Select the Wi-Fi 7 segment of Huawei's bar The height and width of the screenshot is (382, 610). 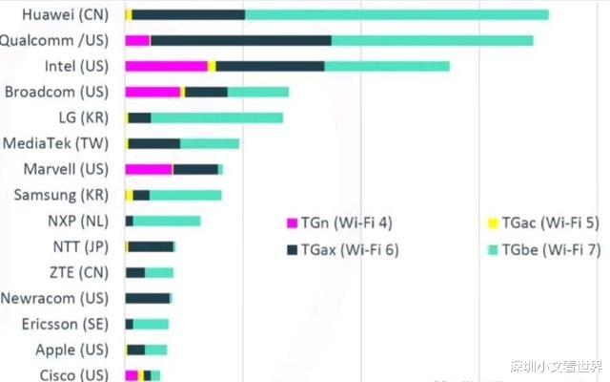[x=396, y=14]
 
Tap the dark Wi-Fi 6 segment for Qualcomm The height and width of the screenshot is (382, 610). [x=240, y=40]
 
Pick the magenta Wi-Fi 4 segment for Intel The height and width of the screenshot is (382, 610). [x=166, y=66]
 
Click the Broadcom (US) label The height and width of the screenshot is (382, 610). [x=56, y=92]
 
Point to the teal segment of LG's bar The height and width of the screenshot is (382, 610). [x=216, y=117]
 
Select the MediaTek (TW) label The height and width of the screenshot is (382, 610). [x=55, y=143]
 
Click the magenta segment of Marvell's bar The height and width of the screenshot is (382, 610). [x=149, y=169]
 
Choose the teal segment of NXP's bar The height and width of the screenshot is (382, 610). [x=167, y=221]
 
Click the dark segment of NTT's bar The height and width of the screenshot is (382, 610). [x=151, y=246]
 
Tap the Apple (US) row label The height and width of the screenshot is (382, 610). [x=72, y=350]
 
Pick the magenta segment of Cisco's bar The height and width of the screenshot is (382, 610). [x=132, y=375]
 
